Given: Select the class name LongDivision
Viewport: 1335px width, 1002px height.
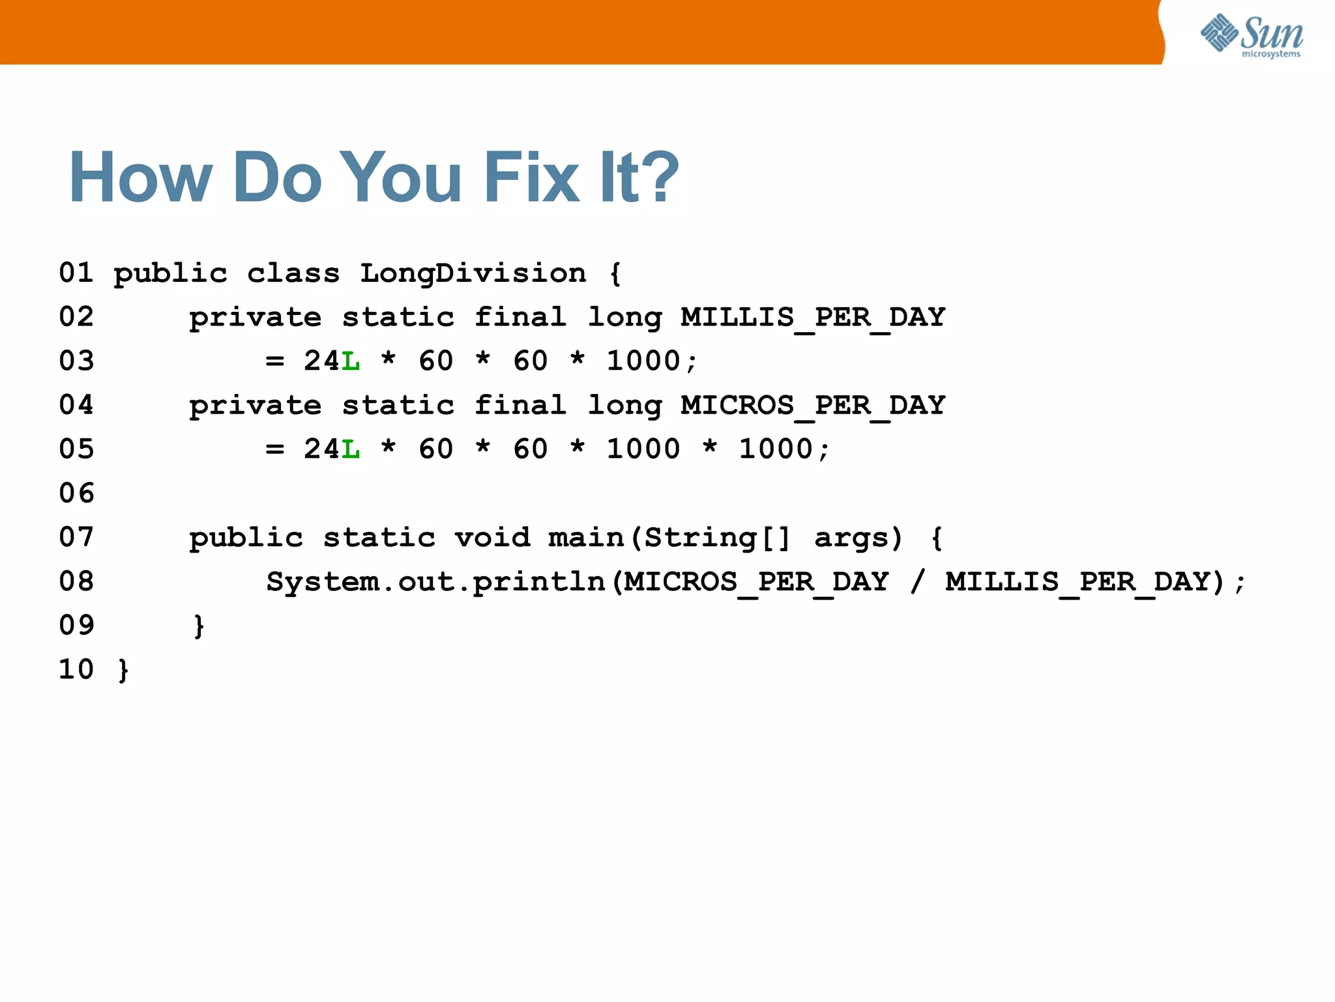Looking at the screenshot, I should coord(473,273).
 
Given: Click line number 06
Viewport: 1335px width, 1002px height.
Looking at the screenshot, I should coord(76,493).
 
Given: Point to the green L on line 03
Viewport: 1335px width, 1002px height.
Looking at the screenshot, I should coord(351,361).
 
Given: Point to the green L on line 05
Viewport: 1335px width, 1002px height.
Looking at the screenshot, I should coord(351,449).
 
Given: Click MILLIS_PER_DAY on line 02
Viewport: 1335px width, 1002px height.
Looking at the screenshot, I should coord(812,317).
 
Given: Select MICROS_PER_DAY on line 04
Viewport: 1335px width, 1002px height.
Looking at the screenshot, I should coord(812,405).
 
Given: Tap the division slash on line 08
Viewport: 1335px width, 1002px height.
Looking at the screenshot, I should coord(917,581).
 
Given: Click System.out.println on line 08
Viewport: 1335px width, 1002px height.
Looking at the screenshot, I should coord(435,581).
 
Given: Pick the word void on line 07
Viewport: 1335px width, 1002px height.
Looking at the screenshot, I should coord(492,538).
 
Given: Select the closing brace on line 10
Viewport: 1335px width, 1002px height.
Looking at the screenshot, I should coord(123,670).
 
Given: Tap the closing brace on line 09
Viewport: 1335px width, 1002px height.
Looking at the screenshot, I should coord(199,626).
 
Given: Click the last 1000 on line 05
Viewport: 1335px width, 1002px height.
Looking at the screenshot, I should coord(776,449).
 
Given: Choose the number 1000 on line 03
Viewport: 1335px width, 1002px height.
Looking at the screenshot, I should coord(643,361).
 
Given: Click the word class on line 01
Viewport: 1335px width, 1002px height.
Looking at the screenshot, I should coord(293,273).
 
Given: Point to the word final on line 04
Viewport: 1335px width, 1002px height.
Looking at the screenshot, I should coord(520,405).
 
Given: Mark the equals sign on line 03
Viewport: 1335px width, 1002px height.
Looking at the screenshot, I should coord(274,361).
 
